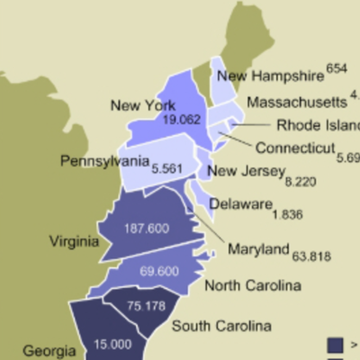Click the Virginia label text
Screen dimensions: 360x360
pyautogui.click(x=76, y=241)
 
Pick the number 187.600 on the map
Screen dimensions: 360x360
pyautogui.click(x=148, y=229)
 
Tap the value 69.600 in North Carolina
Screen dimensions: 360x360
pyautogui.click(x=162, y=270)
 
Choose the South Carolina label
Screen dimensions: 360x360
pyautogui.click(x=221, y=326)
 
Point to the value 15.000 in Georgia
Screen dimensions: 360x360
pyautogui.click(x=110, y=344)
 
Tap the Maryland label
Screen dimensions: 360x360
pyautogui.click(x=257, y=249)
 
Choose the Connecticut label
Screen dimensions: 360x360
pyautogui.click(x=294, y=148)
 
